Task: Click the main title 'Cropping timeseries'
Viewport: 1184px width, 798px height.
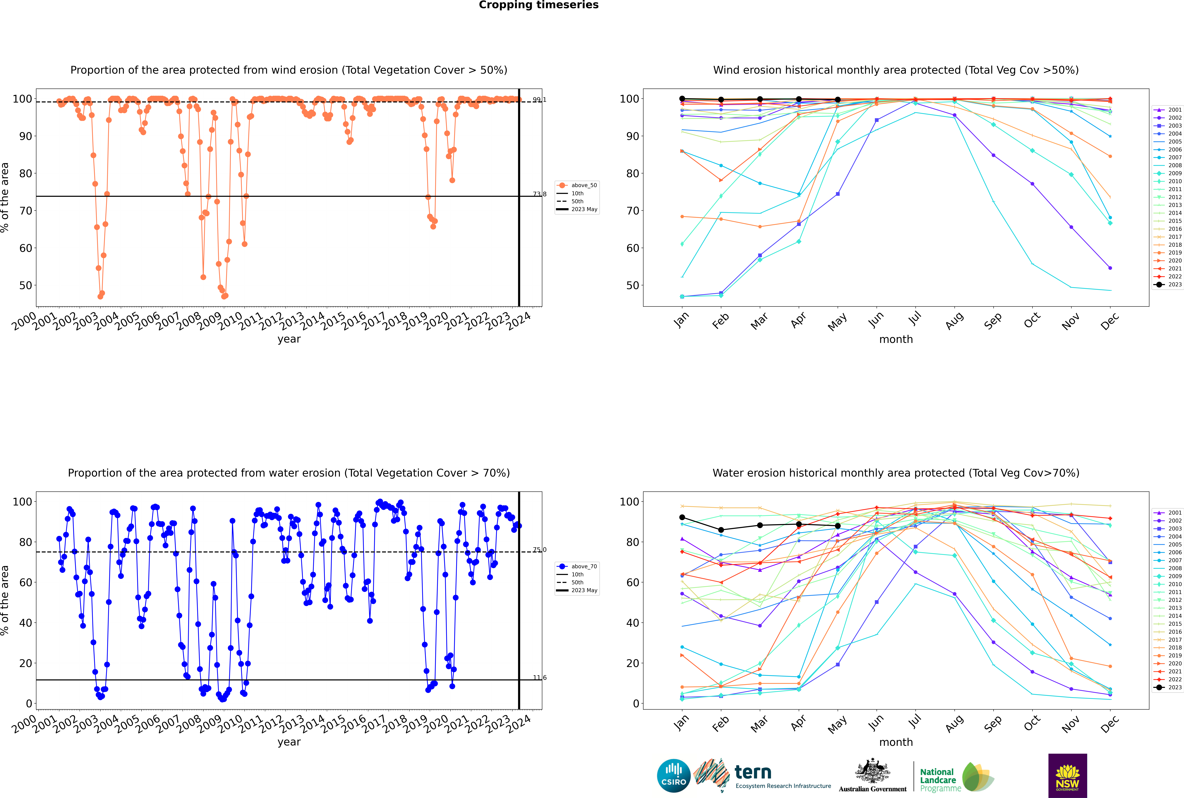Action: click(539, 5)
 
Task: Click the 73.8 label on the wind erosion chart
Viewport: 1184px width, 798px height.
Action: click(540, 194)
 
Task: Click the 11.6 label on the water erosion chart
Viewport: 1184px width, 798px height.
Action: click(540, 677)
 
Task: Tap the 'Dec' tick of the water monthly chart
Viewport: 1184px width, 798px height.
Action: click(1110, 724)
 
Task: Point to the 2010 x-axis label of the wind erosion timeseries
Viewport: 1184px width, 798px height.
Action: click(230, 321)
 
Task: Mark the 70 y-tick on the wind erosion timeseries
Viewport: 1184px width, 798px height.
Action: click(25, 211)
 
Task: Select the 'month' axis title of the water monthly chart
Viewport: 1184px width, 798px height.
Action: click(896, 742)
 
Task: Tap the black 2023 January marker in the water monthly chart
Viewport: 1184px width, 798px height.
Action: click(682, 517)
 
